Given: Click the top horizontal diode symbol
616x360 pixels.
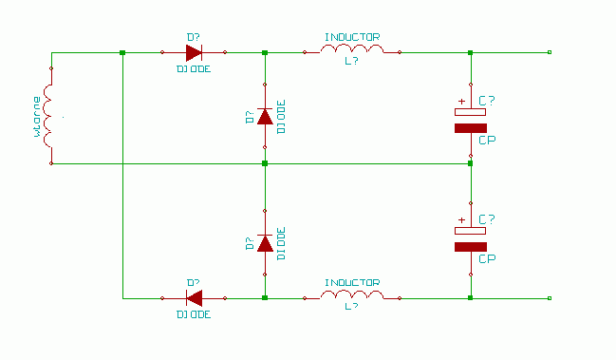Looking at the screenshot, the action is pyautogui.click(x=194, y=52).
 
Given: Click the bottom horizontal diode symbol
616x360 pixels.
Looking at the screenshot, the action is pyautogui.click(x=194, y=298).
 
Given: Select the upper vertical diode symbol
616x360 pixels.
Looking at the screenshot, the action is pyautogui.click(x=265, y=116).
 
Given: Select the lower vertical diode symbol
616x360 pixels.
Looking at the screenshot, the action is pyautogui.click(x=265, y=243).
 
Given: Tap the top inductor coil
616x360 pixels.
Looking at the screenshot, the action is pyautogui.click(x=352, y=49).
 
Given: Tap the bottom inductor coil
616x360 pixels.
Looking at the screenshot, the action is pyautogui.click(x=352, y=294).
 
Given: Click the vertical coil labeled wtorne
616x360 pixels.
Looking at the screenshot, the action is pyautogui.click(x=47, y=116).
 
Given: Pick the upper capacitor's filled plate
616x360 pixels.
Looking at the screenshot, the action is pyautogui.click(x=471, y=128).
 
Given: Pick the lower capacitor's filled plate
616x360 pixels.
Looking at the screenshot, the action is pyautogui.click(x=471, y=247).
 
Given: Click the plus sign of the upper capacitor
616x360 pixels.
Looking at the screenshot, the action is pyautogui.click(x=461, y=102).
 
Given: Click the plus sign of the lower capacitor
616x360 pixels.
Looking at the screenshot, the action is pyautogui.click(x=461, y=220).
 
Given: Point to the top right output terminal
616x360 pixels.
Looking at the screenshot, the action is pyautogui.click(x=550, y=52).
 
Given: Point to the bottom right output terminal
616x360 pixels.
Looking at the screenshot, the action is pyautogui.click(x=550, y=298).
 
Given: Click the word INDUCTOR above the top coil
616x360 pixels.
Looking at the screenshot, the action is pyautogui.click(x=352, y=37).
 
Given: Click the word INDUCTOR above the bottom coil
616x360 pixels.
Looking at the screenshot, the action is pyautogui.click(x=352, y=283).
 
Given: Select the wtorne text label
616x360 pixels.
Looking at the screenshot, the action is pyautogui.click(x=37, y=116).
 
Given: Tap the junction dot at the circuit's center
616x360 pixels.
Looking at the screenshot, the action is pyautogui.click(x=265, y=163).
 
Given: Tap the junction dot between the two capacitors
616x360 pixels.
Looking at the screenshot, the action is pyautogui.click(x=470, y=163).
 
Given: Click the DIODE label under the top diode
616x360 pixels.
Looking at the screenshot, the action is pyautogui.click(x=194, y=69).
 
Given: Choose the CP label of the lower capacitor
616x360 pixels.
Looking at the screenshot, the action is pyautogui.click(x=487, y=259).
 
